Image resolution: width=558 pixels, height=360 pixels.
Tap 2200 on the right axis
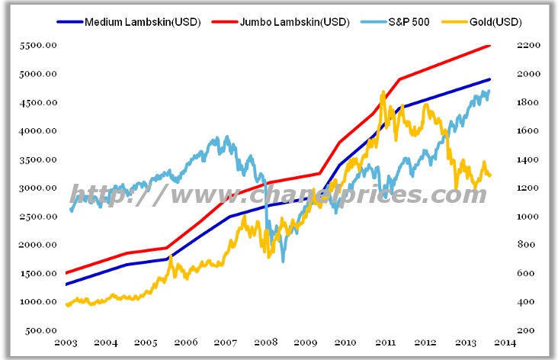point(528,46)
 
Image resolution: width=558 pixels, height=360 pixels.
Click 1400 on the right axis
point(528,160)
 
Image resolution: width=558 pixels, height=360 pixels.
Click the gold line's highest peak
point(383,92)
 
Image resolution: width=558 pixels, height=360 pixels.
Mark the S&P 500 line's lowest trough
point(284,262)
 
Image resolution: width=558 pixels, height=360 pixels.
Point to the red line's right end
point(490,45)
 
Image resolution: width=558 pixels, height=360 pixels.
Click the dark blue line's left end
point(66,284)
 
